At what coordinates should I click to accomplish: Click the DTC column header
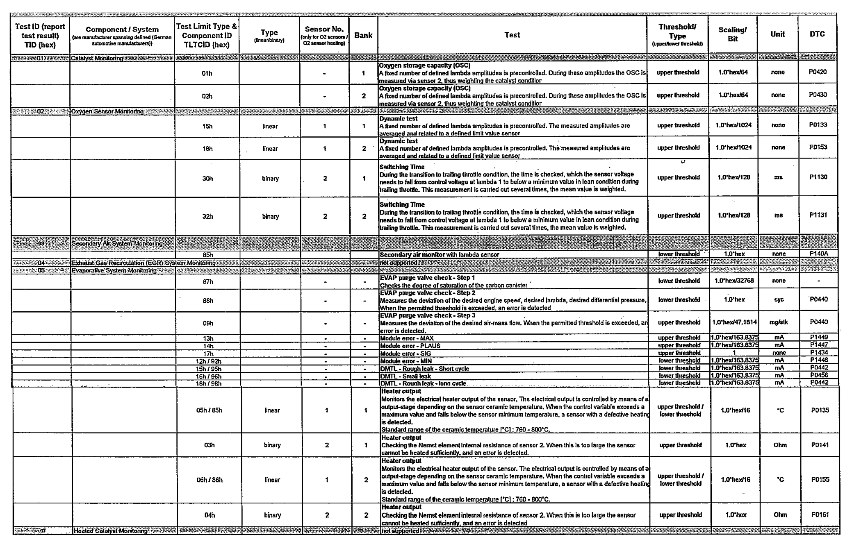click(x=817, y=34)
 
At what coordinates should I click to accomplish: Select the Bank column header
click(x=363, y=35)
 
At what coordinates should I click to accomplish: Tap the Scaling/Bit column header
click(x=733, y=34)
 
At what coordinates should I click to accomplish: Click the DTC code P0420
click(x=818, y=72)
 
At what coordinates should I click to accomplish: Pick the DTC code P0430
click(x=818, y=95)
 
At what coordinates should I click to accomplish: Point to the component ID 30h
click(x=207, y=179)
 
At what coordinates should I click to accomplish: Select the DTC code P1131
click(x=818, y=215)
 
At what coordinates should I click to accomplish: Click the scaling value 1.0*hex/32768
click(x=734, y=281)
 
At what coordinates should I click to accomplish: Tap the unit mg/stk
click(x=779, y=322)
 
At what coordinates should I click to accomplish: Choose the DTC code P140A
click(x=819, y=254)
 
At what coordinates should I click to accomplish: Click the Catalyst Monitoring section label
click(x=97, y=58)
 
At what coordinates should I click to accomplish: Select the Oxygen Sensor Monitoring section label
click(x=107, y=111)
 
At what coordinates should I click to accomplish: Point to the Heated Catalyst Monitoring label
click(x=111, y=531)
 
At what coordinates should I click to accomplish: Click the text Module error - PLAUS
click(x=410, y=346)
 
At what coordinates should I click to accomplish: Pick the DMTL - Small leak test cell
click(x=405, y=376)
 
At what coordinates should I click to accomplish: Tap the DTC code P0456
click(x=819, y=375)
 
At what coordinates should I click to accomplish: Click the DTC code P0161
click(x=820, y=515)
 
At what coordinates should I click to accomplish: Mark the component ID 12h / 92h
click(x=208, y=361)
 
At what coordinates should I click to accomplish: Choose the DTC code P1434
click(x=819, y=353)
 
